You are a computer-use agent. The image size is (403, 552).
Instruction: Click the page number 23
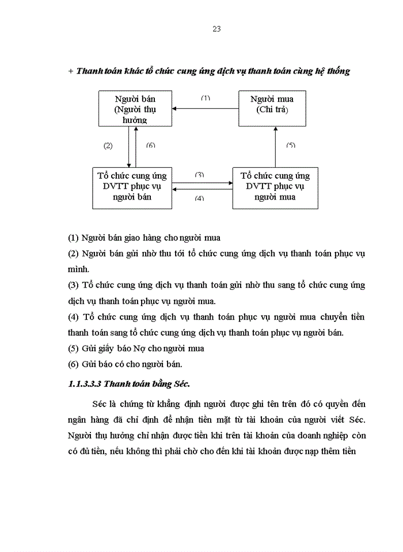(216, 29)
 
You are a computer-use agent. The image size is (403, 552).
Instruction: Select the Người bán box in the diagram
(135, 109)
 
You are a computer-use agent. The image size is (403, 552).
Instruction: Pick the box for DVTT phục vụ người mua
(275, 187)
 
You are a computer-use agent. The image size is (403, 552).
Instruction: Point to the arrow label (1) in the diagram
(206, 98)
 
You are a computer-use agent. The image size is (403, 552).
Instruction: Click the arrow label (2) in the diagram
(108, 146)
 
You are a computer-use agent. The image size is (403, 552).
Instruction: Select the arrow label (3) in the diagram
(200, 174)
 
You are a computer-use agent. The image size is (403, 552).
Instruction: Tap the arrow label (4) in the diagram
(200, 198)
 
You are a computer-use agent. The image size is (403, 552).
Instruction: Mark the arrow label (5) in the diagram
(291, 146)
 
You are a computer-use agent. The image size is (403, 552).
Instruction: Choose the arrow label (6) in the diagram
(151, 146)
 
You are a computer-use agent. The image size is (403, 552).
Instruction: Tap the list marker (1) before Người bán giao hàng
(73, 237)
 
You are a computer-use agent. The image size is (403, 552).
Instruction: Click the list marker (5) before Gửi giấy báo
(73, 348)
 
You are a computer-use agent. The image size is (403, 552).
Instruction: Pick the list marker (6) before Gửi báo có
(73, 364)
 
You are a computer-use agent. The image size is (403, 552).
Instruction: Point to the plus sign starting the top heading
(71, 71)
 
